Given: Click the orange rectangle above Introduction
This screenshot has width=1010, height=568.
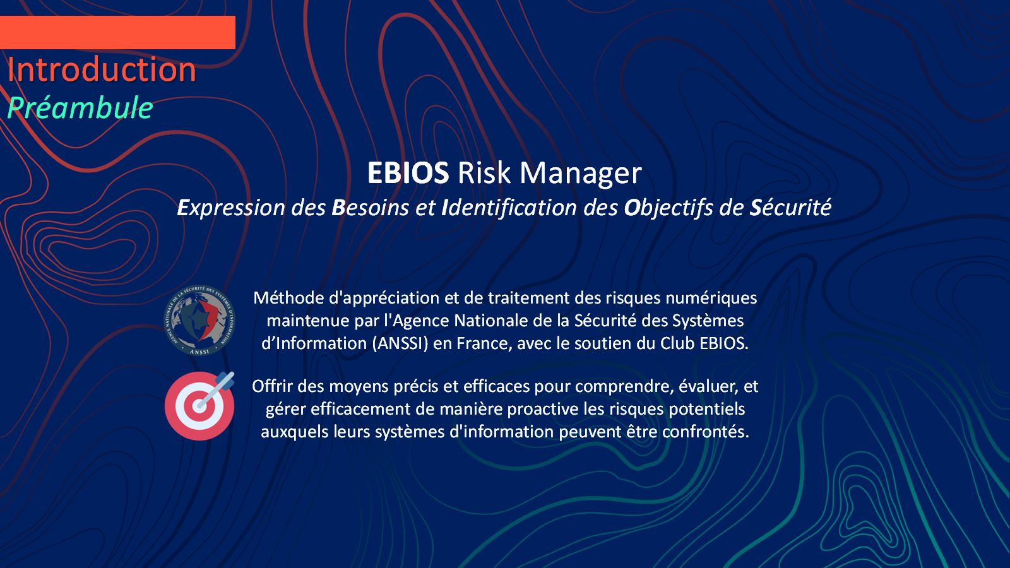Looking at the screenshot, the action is coord(117,32).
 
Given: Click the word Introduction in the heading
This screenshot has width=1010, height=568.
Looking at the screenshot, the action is coord(102,69).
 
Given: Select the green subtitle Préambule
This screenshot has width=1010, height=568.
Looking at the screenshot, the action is coord(80,108).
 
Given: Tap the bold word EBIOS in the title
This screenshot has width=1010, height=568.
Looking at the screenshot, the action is coord(408,173).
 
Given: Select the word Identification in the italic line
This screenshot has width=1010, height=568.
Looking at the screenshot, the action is coord(509,208).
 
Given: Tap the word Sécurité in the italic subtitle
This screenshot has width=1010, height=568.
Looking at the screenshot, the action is coord(790,208).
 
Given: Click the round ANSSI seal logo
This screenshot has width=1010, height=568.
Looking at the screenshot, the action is coord(199,320).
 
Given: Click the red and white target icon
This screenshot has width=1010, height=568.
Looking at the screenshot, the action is coord(199,406).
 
